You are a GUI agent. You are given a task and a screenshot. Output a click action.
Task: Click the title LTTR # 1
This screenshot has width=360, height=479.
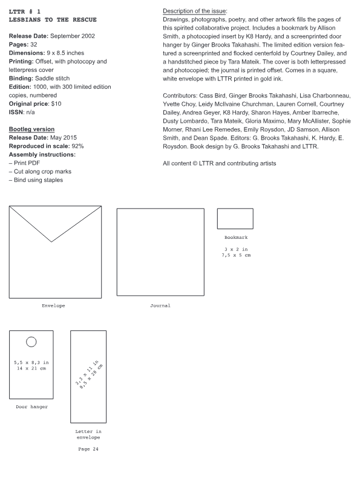point(25,11)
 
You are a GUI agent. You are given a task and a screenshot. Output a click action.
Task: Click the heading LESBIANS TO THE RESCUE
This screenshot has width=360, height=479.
point(52,20)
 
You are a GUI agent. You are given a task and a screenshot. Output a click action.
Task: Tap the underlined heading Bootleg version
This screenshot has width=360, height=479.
point(31,129)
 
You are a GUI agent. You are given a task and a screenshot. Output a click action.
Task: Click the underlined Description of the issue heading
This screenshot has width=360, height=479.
point(195,11)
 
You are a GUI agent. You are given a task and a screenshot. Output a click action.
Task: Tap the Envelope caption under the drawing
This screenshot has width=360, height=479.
point(53,306)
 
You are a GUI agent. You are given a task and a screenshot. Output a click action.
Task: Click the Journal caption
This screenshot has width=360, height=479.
point(160,306)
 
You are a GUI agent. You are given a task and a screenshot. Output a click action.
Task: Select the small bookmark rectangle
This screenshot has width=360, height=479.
point(235,218)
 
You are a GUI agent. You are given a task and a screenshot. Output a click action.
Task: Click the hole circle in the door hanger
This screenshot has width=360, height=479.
point(31,341)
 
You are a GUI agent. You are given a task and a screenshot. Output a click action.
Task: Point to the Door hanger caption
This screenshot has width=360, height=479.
point(31,406)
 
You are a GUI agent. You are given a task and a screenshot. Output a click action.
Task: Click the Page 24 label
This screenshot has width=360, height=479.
point(88,449)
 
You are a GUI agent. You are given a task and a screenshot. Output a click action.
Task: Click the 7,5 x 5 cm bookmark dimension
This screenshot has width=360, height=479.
point(236,255)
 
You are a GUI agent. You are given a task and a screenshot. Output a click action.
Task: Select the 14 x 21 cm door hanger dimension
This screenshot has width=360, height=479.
point(31,368)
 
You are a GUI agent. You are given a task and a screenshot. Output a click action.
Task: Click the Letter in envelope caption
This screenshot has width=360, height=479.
point(88,434)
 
